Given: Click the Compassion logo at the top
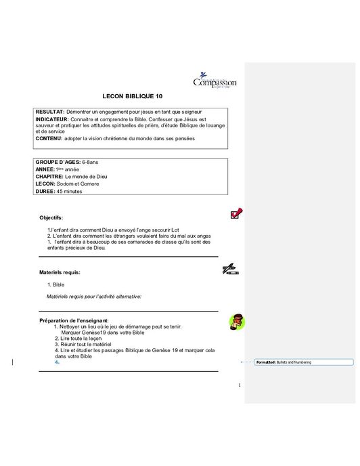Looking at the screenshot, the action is pos(215,81).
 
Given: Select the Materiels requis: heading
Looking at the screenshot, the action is pos(60,272).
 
